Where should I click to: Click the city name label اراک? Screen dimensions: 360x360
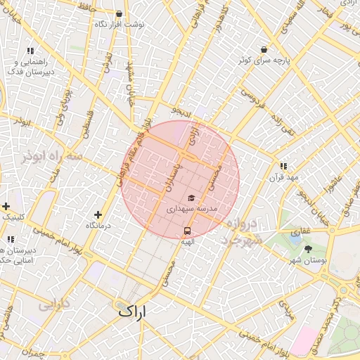[x=133, y=310]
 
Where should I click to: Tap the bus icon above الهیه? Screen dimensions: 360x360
[x=187, y=230]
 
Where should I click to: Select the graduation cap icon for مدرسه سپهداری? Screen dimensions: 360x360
[x=191, y=198]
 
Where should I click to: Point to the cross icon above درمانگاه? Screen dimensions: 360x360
[x=98, y=214]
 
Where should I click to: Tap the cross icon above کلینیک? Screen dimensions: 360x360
[x=6, y=207]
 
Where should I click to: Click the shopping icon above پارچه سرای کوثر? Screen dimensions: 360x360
[x=264, y=50]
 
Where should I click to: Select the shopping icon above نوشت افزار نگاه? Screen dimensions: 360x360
[x=118, y=14]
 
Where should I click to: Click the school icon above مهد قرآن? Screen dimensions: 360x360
[x=283, y=167]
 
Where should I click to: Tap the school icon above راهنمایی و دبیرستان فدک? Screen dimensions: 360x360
[x=30, y=51]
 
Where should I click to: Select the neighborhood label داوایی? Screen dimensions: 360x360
[x=53, y=306]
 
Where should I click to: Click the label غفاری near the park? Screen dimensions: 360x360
[x=300, y=231]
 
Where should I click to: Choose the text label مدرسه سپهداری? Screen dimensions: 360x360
[x=192, y=210]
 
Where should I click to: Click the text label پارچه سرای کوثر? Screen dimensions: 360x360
[x=264, y=61]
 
